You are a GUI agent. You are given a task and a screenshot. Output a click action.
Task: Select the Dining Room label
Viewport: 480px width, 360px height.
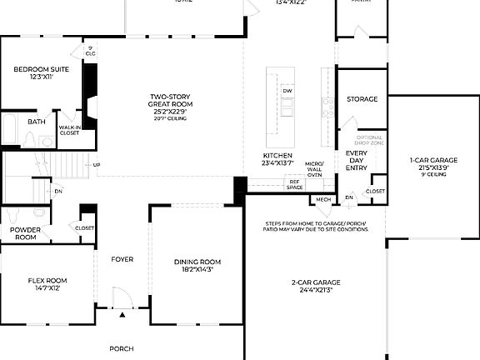pos(197,266)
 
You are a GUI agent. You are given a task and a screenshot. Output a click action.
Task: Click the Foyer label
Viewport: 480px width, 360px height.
pos(122,259)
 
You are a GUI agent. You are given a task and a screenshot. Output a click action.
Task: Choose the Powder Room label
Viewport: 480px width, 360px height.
pos(24,233)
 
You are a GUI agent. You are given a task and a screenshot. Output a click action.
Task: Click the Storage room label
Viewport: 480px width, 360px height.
pos(362,99)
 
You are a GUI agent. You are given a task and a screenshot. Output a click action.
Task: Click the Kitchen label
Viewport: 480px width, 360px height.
pos(277,159)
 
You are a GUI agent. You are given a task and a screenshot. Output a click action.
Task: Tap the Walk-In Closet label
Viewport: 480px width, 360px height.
pos(69,130)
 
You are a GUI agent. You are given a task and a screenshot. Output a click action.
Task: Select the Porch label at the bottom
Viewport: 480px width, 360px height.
pos(122,348)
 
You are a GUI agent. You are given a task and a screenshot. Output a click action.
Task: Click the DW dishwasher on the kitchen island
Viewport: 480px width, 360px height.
pos(287,91)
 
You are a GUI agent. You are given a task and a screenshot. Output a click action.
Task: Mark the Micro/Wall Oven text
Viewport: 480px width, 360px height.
pos(314,169)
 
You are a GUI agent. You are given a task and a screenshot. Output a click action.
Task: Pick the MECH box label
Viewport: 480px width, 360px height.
pos(323,200)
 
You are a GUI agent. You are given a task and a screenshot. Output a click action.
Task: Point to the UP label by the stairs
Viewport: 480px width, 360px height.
pos(97,164)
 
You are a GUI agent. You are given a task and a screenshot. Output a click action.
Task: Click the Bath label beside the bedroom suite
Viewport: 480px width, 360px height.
pos(37,122)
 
